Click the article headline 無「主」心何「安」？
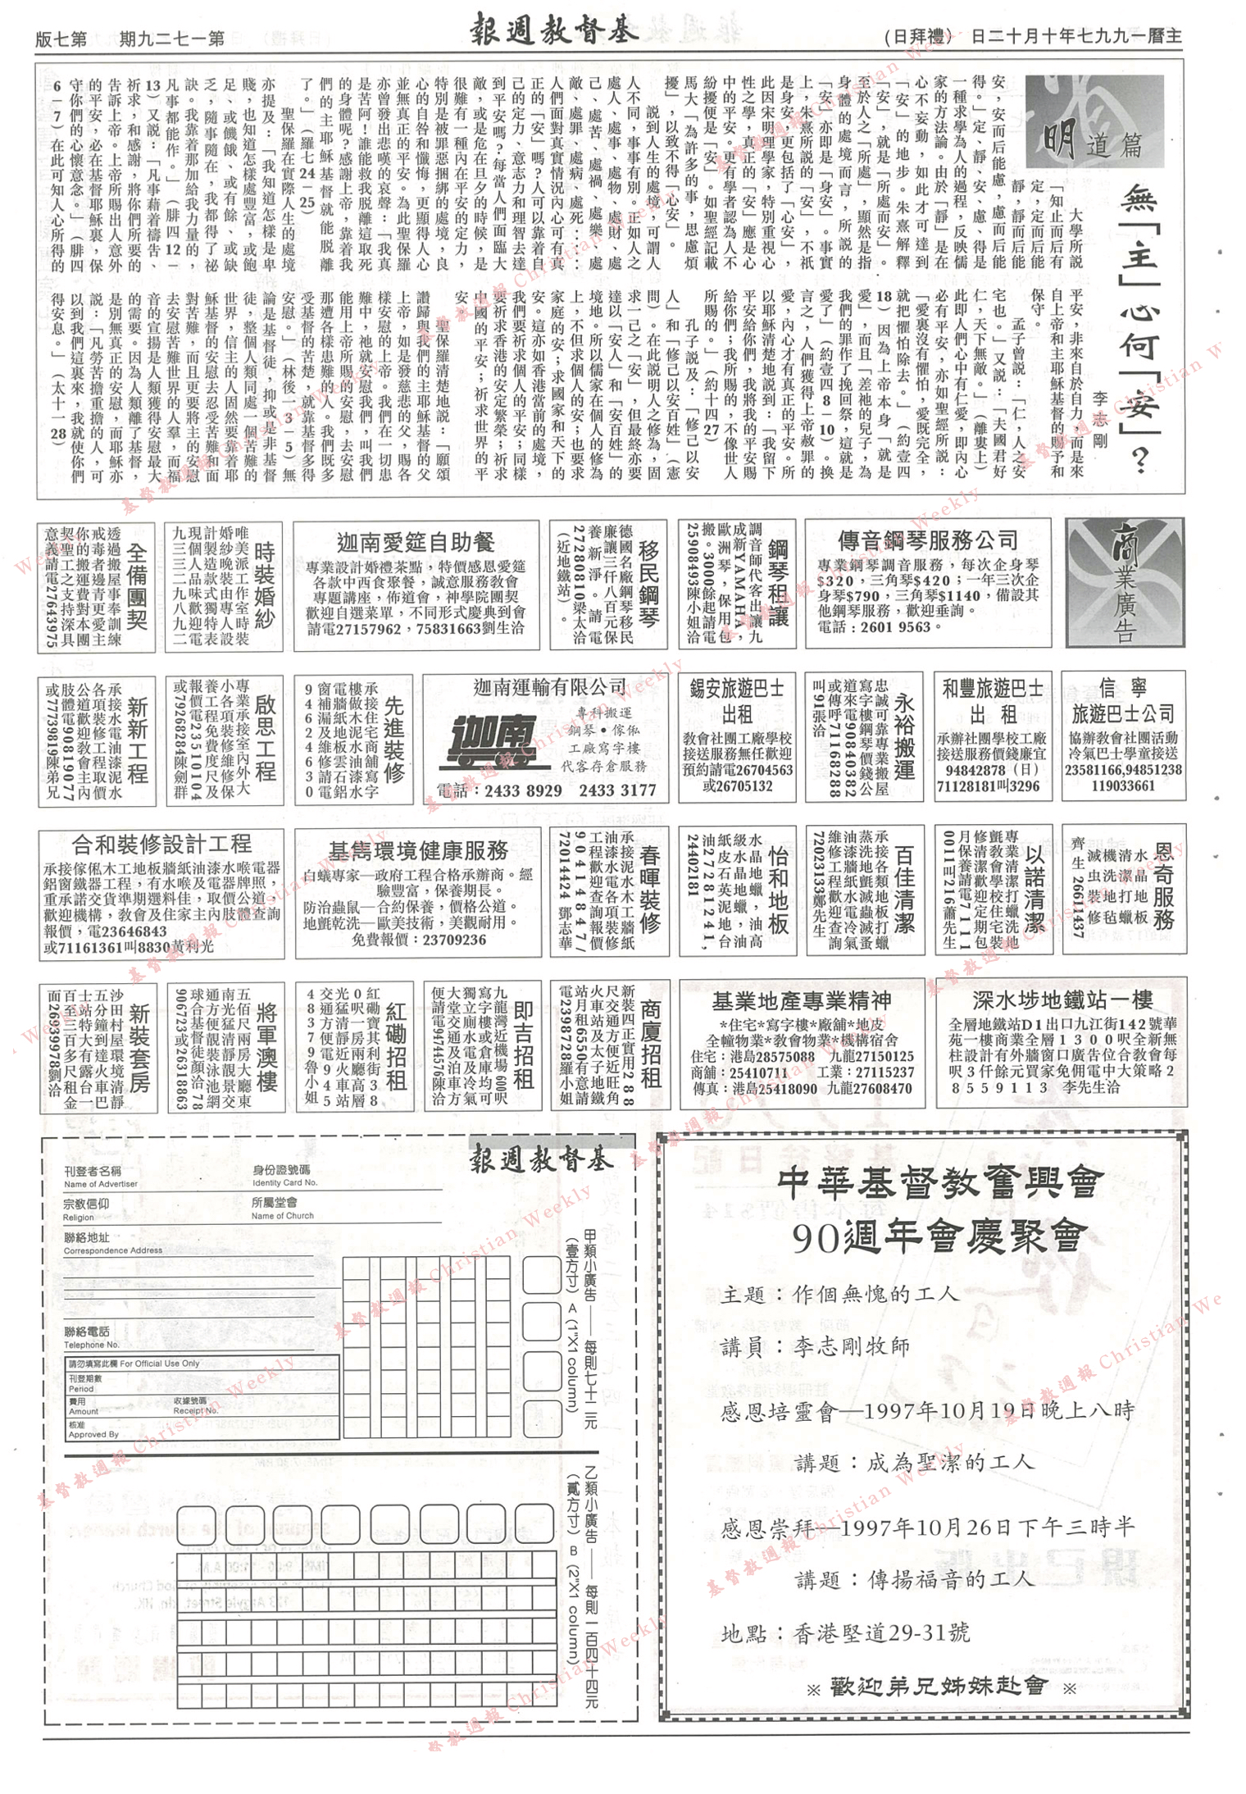[1139, 328]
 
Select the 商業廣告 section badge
[1124, 582]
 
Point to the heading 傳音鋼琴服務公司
[927, 541]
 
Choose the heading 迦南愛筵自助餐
[416, 543]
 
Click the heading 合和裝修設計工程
[161, 845]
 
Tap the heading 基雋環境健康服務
[418, 850]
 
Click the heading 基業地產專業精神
[801, 1001]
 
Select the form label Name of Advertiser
[101, 1184]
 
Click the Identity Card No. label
[284, 1183]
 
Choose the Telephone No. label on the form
[92, 1345]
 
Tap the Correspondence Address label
[113, 1250]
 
